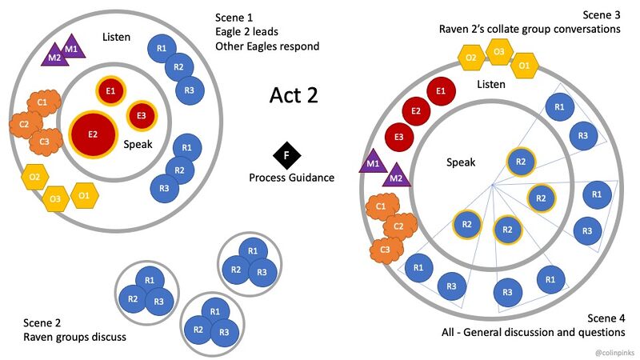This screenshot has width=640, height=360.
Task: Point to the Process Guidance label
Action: (x=291, y=177)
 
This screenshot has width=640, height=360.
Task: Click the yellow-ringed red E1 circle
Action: (x=110, y=91)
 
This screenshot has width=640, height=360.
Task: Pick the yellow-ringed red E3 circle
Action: (x=142, y=115)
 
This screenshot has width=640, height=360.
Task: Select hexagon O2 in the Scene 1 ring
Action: (x=34, y=177)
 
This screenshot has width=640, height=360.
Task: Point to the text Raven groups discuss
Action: (x=74, y=337)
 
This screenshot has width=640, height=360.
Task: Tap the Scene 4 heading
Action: (x=606, y=318)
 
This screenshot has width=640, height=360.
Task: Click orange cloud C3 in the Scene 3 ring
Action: (x=385, y=250)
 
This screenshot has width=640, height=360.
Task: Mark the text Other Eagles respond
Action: (x=267, y=46)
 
